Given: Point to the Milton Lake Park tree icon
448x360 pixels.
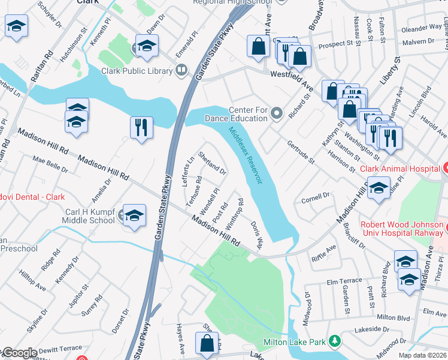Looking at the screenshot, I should coord(335,342).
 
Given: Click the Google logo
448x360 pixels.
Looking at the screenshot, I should coord(19,353).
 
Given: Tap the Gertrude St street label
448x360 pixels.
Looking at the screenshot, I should coord(300,152).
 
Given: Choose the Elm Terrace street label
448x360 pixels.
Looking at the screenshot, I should coord(344,281).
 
